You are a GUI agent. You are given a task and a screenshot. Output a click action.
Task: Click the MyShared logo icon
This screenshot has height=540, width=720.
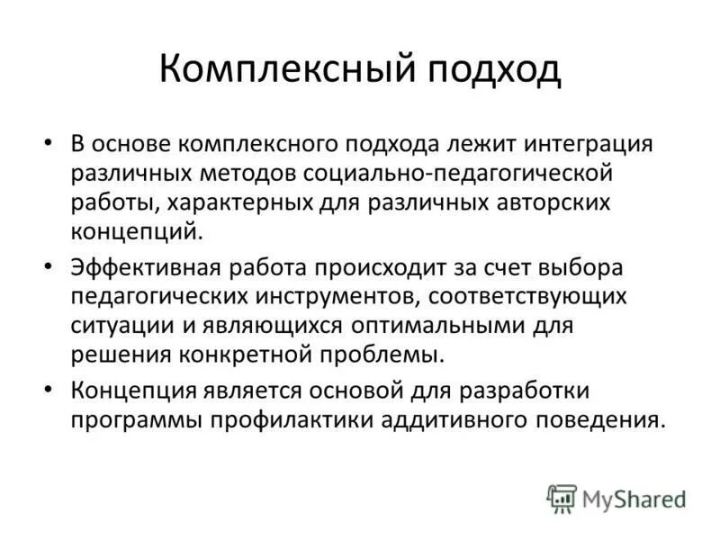click(x=562, y=498)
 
